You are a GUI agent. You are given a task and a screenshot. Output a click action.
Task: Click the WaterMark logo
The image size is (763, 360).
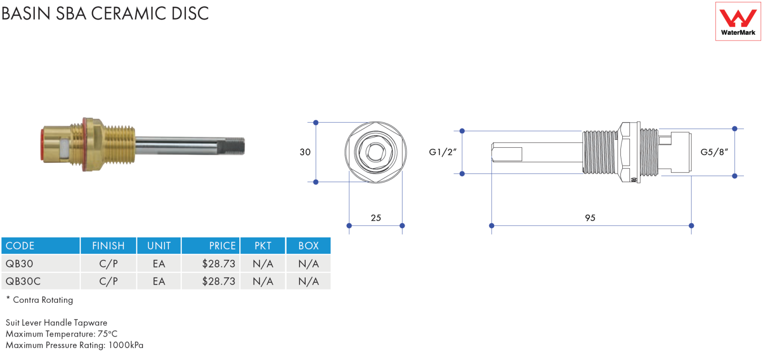point(738,21)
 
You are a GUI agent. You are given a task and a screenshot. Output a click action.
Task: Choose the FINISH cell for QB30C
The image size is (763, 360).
point(108,281)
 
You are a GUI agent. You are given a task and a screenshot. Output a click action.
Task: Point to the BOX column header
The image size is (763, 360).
point(308,246)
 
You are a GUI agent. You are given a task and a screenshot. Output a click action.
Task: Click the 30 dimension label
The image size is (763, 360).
point(305,152)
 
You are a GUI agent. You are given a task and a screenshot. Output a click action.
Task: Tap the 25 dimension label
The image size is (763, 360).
point(376,217)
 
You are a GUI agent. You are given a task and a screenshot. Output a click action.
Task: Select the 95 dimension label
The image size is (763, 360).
point(590,217)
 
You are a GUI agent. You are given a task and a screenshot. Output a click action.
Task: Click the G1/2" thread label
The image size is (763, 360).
point(443,152)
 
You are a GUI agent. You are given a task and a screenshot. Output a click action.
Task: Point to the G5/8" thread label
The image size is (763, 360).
point(714,152)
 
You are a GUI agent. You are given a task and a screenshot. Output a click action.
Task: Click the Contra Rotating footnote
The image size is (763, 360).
point(40,300)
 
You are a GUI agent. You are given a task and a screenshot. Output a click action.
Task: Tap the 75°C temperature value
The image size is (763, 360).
point(107,334)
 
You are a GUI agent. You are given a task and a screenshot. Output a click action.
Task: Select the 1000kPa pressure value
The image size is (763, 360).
point(126,345)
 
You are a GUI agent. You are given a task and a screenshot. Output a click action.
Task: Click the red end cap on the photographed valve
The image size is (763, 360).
point(42,145)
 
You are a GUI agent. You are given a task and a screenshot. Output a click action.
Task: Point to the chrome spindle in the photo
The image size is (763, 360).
point(189,145)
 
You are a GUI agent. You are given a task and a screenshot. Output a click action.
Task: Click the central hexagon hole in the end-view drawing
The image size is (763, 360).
point(375,152)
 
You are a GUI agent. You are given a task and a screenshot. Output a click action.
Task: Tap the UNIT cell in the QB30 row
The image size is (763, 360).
point(159,264)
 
